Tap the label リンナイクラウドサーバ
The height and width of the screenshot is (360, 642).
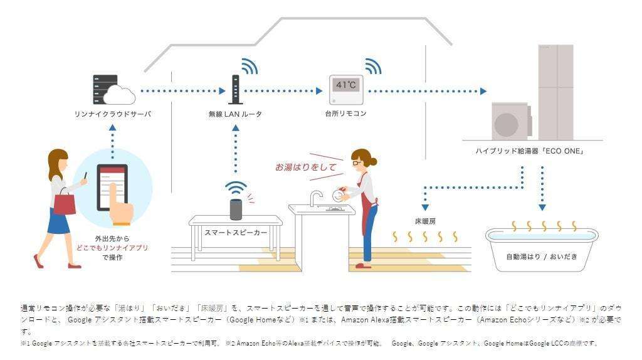(112, 114)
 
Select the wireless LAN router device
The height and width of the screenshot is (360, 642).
(235, 89)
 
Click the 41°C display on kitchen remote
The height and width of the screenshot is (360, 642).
(345, 85)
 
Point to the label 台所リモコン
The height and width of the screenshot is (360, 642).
(345, 114)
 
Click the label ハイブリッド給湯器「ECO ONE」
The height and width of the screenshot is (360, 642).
(530, 151)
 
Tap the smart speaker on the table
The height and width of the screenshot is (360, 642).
(236, 209)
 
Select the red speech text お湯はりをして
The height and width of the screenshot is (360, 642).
(305, 167)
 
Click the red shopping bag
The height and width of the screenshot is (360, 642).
(64, 204)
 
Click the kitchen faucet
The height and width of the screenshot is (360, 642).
(314, 197)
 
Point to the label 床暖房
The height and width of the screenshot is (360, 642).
(424, 222)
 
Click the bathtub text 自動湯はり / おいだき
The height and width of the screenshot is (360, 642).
(542, 257)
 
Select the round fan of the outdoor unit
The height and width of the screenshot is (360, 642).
(506, 125)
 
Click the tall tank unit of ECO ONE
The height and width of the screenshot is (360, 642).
(555, 91)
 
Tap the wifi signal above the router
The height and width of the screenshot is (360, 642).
(249, 66)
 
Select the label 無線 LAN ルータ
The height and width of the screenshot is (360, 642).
(235, 114)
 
